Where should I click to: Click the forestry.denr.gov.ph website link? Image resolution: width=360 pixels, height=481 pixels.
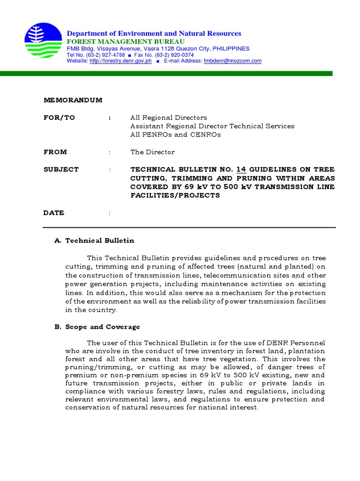120,61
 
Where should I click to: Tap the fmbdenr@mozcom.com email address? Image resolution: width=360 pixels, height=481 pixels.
232,61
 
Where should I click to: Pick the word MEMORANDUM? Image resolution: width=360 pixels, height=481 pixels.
73,100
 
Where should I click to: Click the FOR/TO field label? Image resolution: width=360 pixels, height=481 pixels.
59,117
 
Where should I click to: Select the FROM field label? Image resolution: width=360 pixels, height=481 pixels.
55,152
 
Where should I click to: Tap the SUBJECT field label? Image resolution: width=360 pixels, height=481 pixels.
61,169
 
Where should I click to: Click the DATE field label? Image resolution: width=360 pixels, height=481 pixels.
54,213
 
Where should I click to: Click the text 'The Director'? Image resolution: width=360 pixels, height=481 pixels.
152,152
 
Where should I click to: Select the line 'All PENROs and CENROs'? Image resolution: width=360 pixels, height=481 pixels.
175,134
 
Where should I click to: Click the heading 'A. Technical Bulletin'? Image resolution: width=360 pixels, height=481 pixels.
94,240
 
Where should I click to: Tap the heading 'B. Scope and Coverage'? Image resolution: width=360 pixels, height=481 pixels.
97,327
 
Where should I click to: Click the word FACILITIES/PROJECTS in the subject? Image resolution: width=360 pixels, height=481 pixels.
175,195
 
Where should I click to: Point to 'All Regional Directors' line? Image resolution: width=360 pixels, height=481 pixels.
168,117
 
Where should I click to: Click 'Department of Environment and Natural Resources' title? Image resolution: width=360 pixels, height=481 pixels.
154,33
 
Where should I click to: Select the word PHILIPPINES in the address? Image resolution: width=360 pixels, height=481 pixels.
231,48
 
